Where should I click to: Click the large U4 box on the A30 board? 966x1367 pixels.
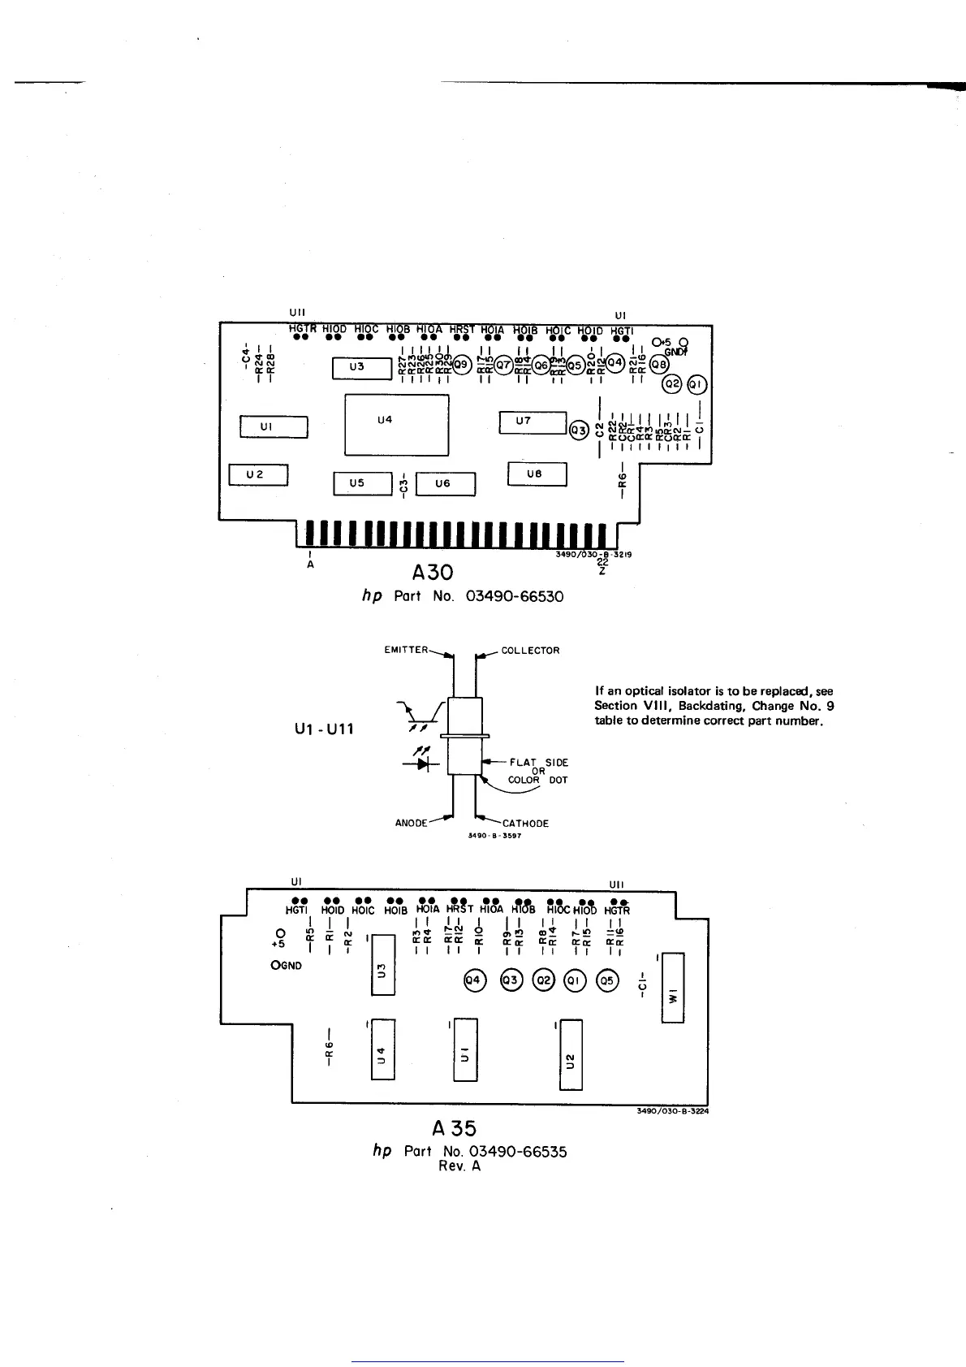click(396, 424)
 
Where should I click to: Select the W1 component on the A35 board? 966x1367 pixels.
click(673, 988)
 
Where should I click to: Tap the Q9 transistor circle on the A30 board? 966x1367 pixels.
click(461, 366)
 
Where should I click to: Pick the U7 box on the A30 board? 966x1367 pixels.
click(533, 422)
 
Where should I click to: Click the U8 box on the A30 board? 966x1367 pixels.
click(536, 474)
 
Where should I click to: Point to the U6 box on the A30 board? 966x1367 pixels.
click(445, 484)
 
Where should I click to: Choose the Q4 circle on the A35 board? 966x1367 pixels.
click(473, 980)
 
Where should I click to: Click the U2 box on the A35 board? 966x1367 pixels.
click(570, 1054)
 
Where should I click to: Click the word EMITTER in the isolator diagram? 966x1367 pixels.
click(405, 650)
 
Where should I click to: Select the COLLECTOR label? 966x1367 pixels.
click(530, 651)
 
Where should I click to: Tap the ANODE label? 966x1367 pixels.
click(412, 824)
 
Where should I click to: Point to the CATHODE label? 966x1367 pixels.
click(525, 824)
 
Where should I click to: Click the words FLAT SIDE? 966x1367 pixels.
click(539, 762)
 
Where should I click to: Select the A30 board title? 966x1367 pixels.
click(427, 574)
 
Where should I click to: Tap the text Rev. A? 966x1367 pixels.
click(459, 1166)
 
